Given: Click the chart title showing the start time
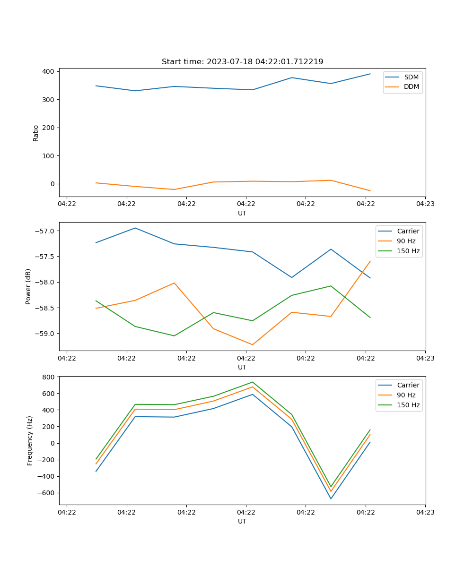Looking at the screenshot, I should tap(242, 62).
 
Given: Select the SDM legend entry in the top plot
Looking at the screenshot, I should tap(411, 77).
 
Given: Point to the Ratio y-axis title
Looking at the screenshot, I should tap(36, 133).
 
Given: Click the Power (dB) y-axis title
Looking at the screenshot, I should tap(28, 286).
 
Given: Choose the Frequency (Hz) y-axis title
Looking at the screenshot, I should tap(30, 440).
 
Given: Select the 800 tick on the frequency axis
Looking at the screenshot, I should tap(48, 377).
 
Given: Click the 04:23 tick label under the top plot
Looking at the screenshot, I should tap(425, 204).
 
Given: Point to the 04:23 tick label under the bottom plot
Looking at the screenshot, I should tap(425, 512).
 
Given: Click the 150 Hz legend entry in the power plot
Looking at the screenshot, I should tap(408, 251).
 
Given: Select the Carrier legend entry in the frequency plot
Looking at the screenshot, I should tap(408, 385).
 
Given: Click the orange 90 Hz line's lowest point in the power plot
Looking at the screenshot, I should tap(252, 344).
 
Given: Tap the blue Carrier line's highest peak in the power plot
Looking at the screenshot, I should tap(135, 228).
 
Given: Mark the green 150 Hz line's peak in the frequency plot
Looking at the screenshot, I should tap(252, 382).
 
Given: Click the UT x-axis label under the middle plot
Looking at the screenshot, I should tap(242, 367).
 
